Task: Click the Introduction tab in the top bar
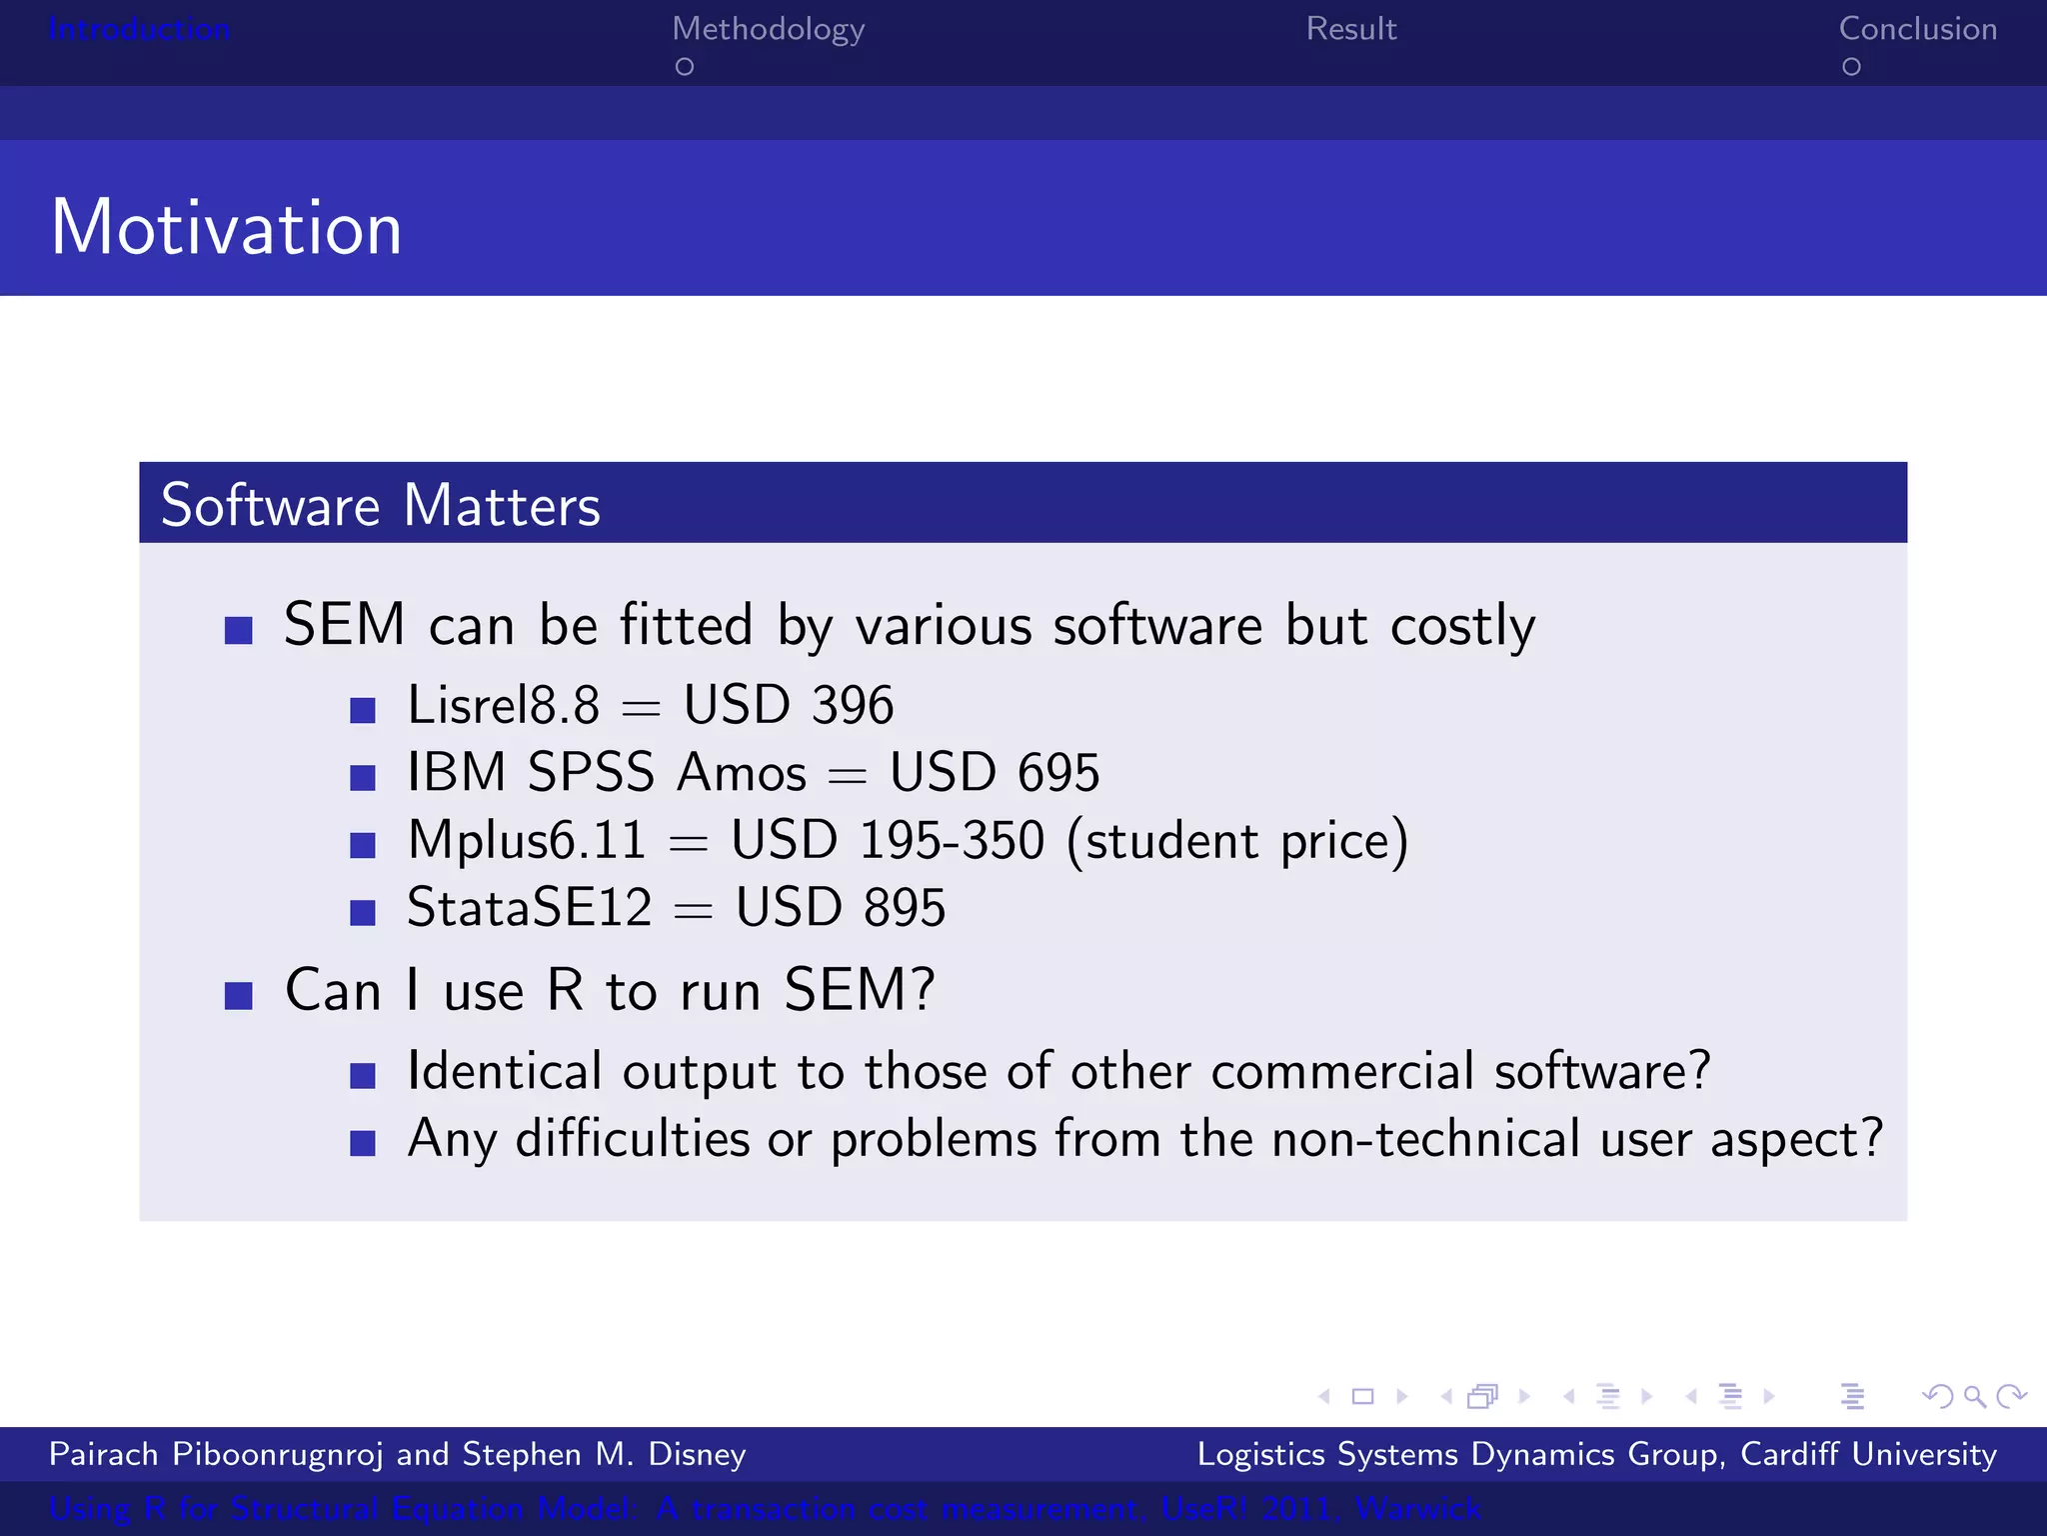[x=139, y=29]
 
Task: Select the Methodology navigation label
[x=768, y=30]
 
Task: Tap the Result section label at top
[x=1350, y=29]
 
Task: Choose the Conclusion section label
[x=1917, y=29]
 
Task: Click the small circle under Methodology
[x=685, y=67]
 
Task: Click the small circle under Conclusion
[x=1851, y=67]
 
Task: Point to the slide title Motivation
[x=226, y=228]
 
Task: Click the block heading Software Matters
[x=380, y=505]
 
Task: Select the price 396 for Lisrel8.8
[x=852, y=705]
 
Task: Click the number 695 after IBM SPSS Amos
[x=1057, y=773]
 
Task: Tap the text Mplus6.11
[x=527, y=840]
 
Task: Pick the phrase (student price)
[x=1237, y=841]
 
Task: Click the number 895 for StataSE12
[x=904, y=908]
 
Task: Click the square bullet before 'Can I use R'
[x=238, y=996]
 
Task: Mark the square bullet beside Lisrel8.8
[x=363, y=711]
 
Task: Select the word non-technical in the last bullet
[x=1426, y=1139]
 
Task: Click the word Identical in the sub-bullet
[x=505, y=1071]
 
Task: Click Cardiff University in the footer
[x=1868, y=1454]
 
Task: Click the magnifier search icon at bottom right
[x=1974, y=1396]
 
